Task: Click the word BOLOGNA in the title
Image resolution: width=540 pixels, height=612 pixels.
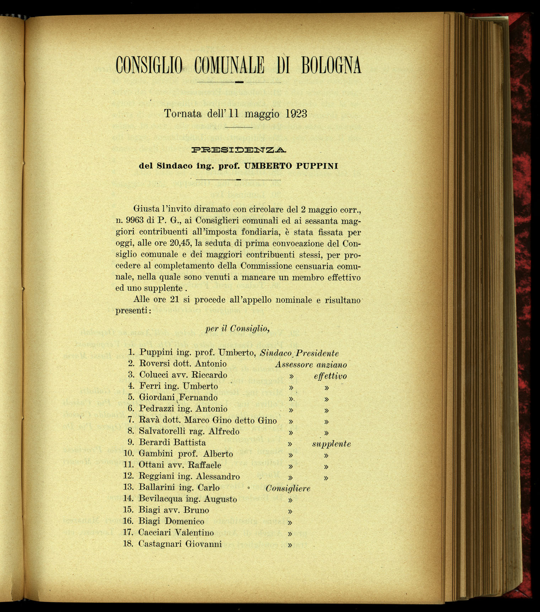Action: pos(331,65)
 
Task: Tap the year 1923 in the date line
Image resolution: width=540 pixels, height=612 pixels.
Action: pos(296,114)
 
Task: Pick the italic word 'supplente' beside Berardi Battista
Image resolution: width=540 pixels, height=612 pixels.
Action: pos(331,444)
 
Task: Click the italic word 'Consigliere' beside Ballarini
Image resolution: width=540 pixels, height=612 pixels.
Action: pos(288,489)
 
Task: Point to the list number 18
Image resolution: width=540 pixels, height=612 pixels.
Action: pos(128,544)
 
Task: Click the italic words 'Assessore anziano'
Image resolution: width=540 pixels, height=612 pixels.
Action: pos(311,364)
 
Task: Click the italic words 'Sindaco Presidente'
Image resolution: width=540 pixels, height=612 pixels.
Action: pos(299,353)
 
